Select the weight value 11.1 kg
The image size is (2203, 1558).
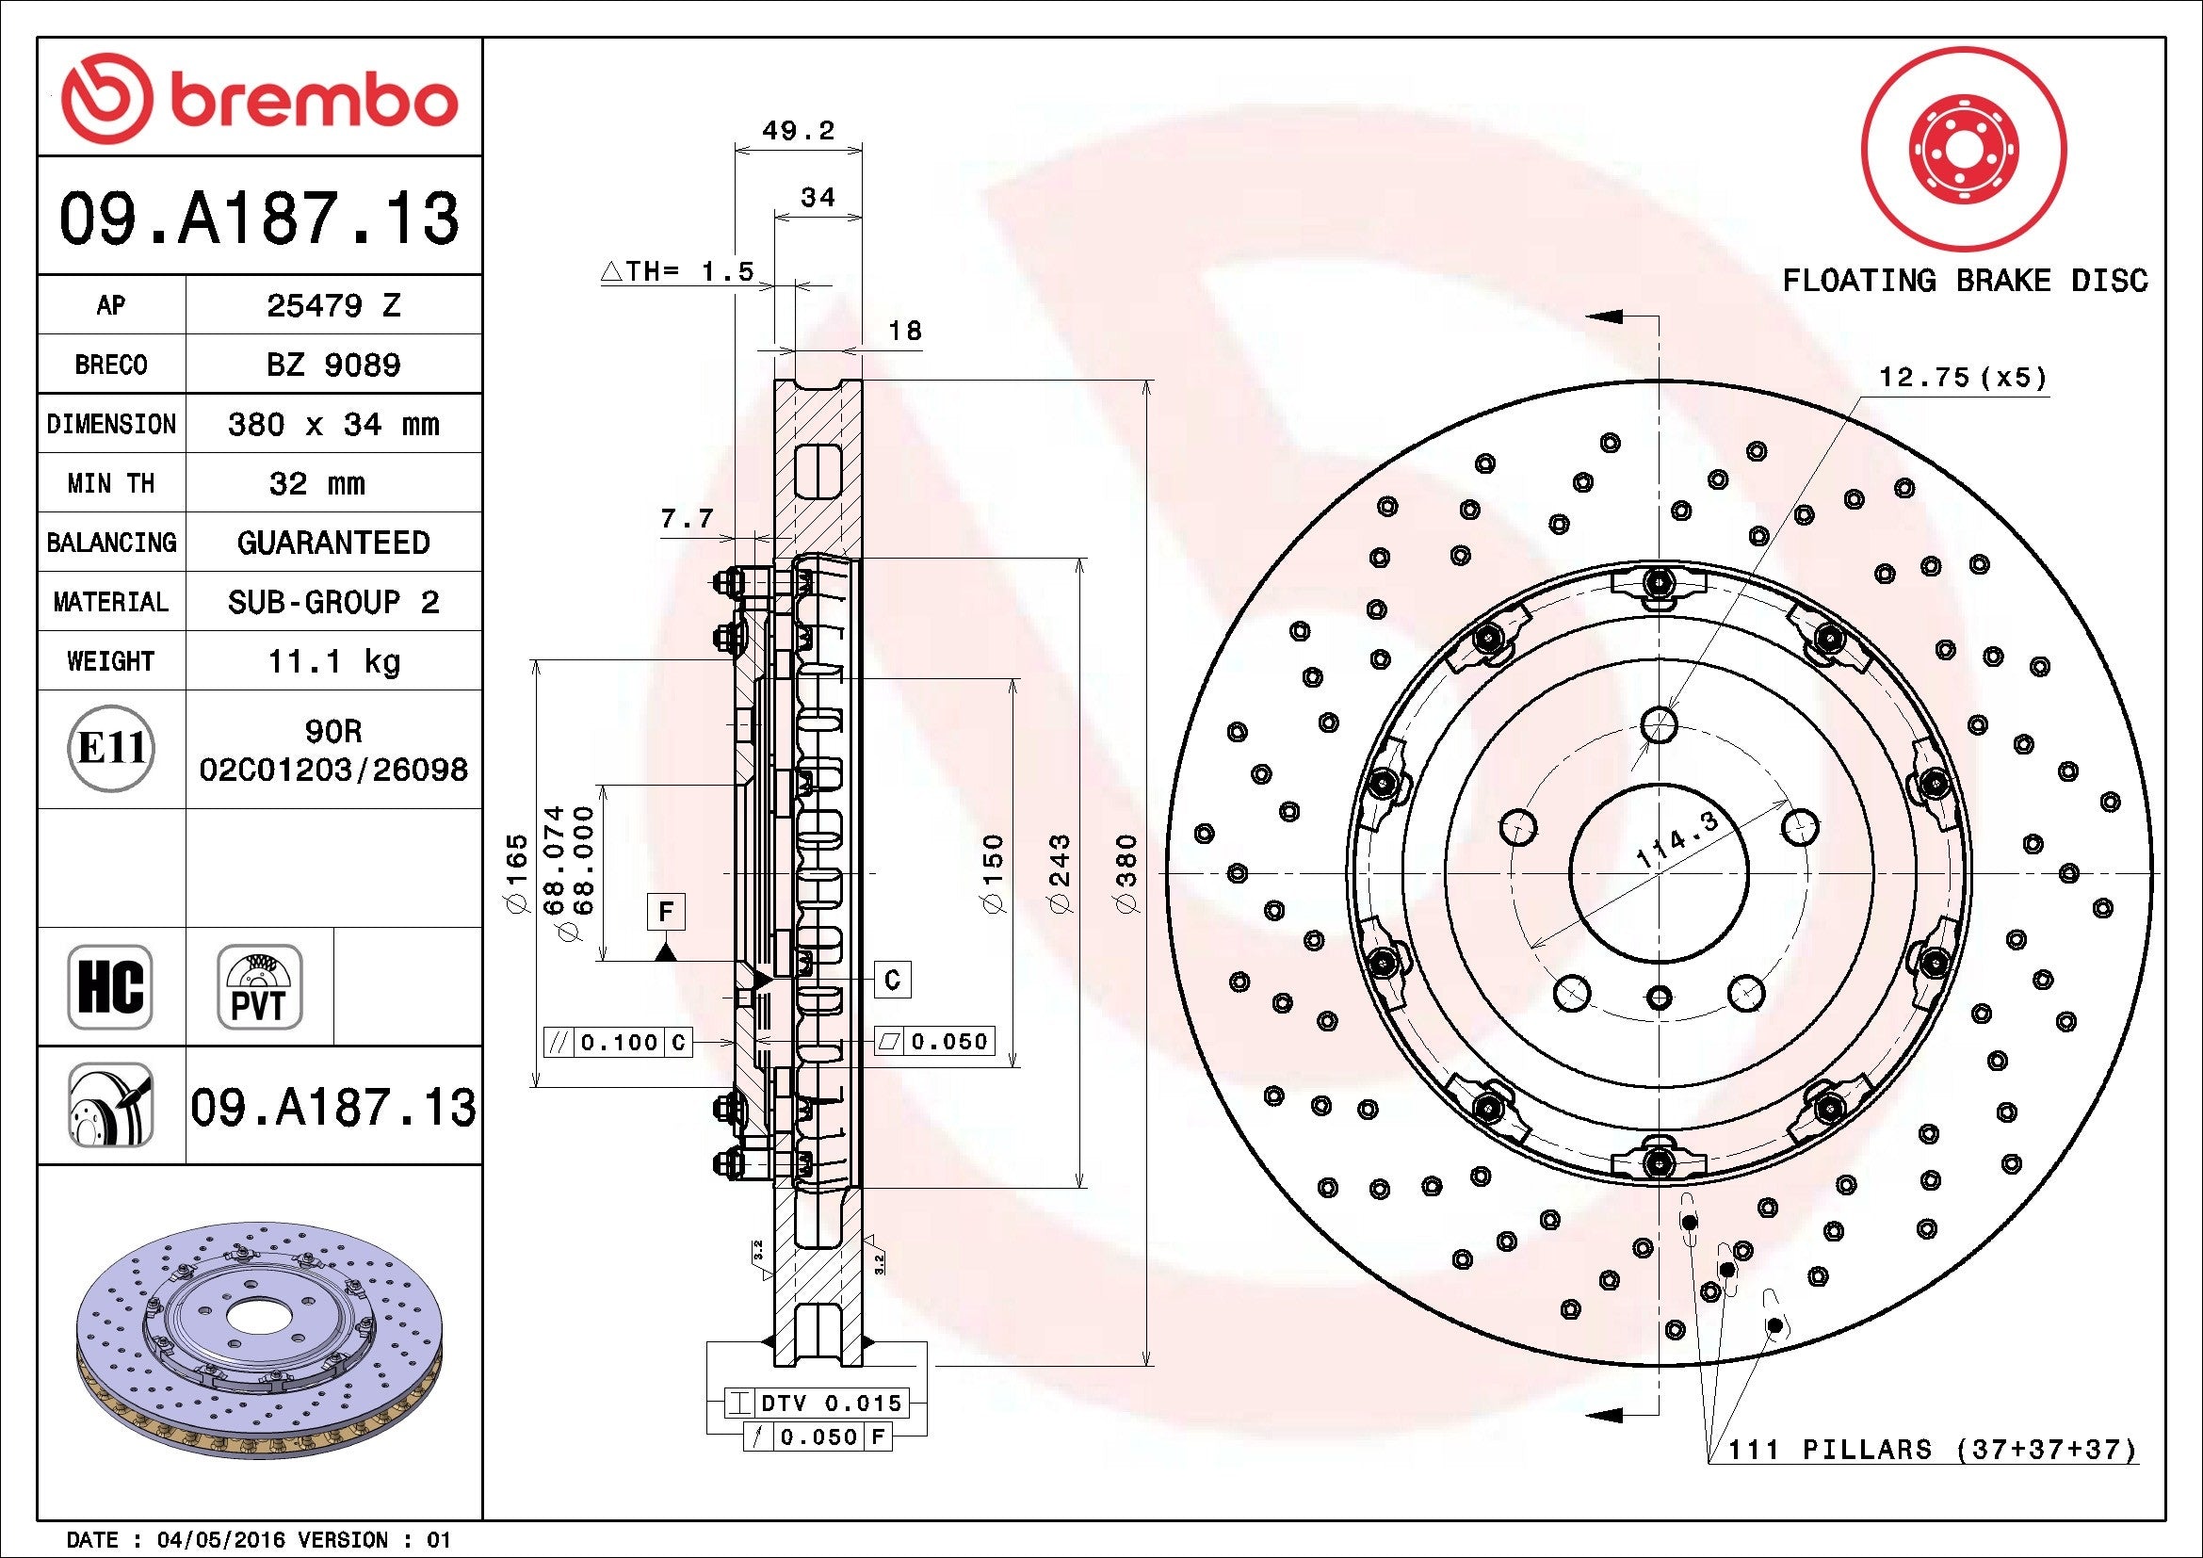tap(332, 661)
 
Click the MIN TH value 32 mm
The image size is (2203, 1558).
tap(316, 483)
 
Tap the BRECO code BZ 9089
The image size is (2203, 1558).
tap(332, 365)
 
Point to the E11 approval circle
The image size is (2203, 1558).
tap(111, 748)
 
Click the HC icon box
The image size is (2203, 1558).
tap(110, 986)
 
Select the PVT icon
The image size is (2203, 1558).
tap(259, 986)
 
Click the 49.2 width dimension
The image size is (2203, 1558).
tap(799, 131)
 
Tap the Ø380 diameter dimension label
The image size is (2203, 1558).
tap(1126, 873)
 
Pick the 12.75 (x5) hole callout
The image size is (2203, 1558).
tap(1962, 377)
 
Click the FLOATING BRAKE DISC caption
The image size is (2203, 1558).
tap(1964, 281)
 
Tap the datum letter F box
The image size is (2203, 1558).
tap(666, 911)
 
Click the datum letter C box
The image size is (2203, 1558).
tap(892, 980)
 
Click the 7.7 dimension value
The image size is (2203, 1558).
tap(686, 519)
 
